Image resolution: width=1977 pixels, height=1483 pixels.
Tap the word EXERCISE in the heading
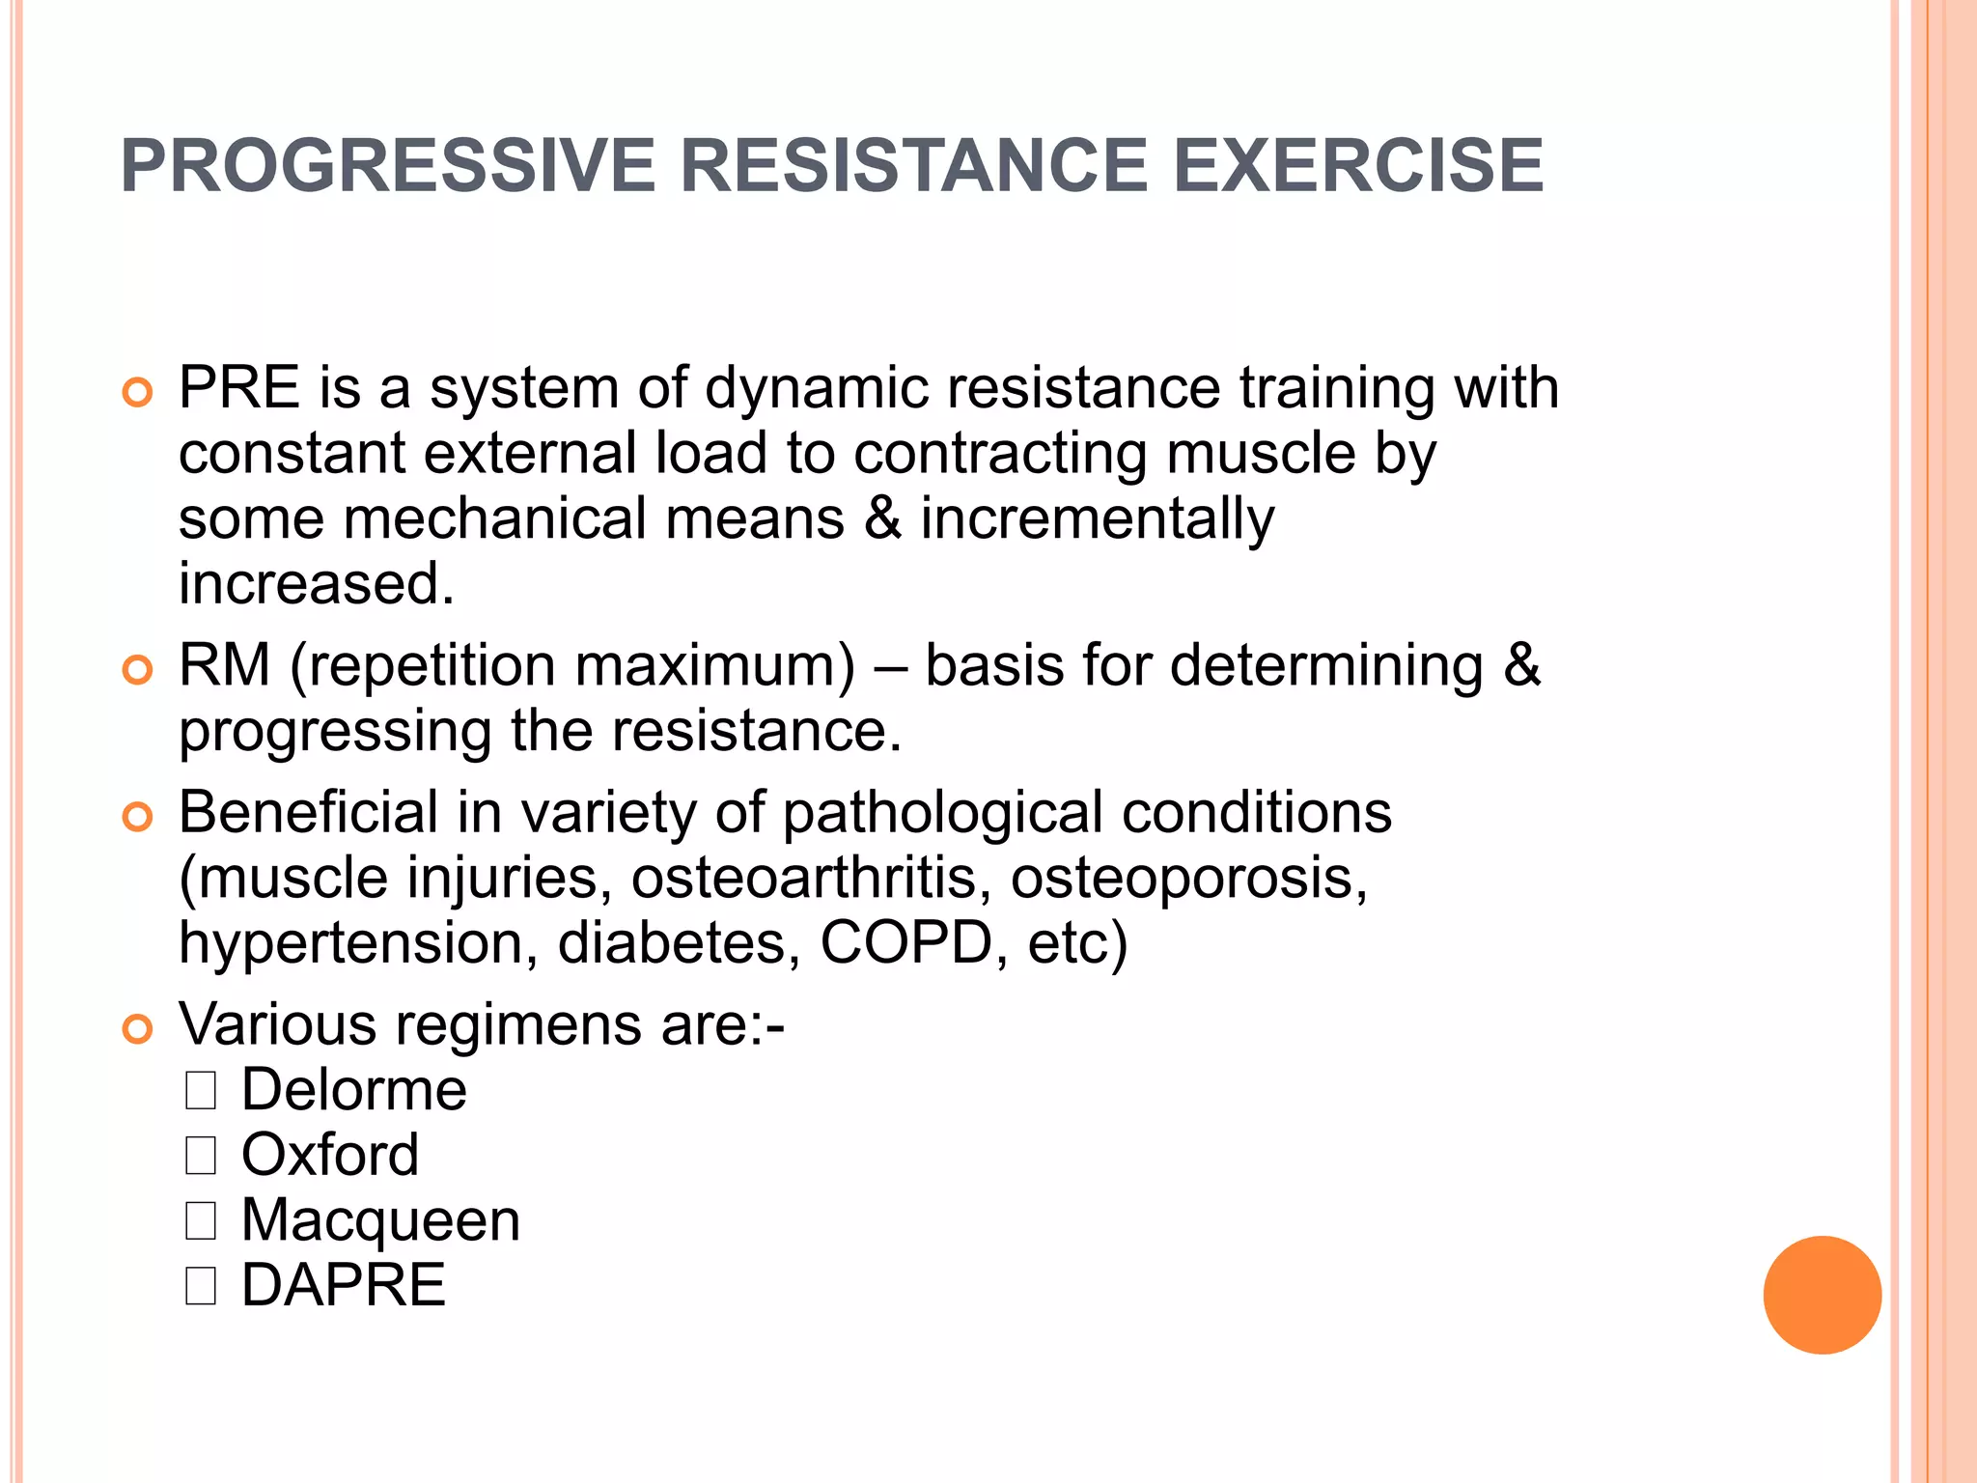[1357, 165]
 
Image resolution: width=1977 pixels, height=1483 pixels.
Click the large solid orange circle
[1822, 1295]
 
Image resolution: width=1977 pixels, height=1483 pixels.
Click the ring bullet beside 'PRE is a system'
[138, 393]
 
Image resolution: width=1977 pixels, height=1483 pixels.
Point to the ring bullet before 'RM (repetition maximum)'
[138, 670]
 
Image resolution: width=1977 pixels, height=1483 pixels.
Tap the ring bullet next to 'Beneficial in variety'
[138, 817]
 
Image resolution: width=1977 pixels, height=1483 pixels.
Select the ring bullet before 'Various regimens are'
[138, 1029]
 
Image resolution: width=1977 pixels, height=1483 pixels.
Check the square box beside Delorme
[201, 1090]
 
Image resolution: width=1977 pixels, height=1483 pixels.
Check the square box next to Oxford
[201, 1155]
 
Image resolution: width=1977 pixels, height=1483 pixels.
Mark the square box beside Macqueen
[201, 1220]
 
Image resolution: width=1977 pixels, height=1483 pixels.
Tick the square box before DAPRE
[201, 1285]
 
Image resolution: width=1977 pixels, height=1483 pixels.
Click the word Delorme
[353, 1090]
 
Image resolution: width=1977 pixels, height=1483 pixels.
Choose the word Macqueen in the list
[380, 1220]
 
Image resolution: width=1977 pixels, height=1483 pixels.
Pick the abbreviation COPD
[906, 942]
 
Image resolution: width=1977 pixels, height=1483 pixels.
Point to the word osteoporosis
[1188, 878]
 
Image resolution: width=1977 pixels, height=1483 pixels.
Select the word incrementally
[1097, 519]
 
